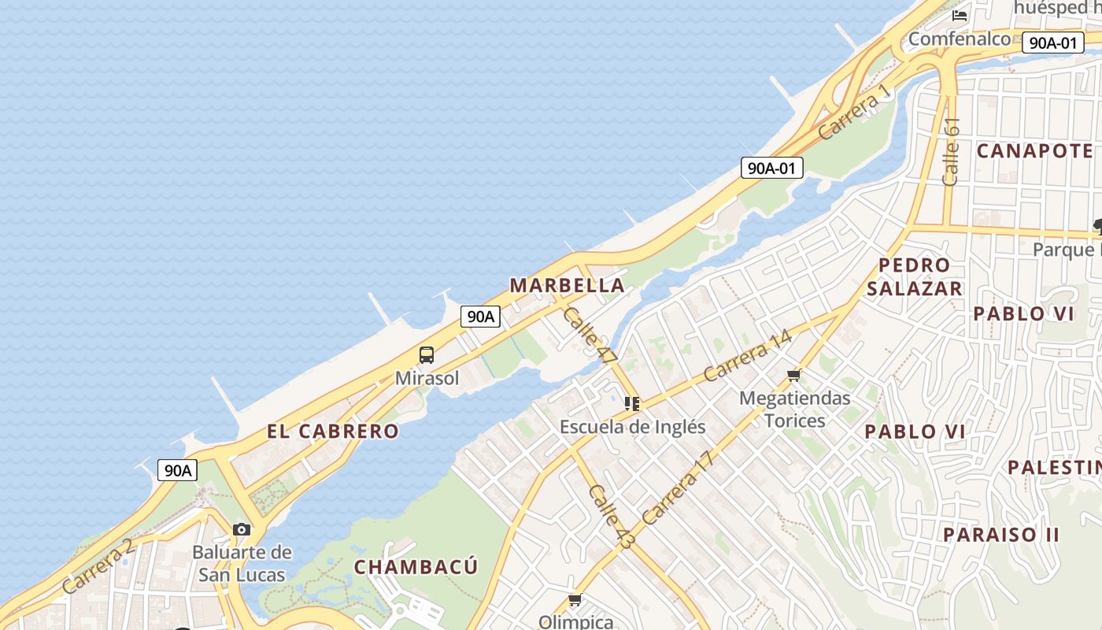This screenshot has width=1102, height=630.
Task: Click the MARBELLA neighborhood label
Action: (x=568, y=285)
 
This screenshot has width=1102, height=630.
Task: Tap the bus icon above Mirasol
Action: (x=427, y=355)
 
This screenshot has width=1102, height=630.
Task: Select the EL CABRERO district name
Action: (x=333, y=432)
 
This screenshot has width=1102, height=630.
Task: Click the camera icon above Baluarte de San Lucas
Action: (x=242, y=529)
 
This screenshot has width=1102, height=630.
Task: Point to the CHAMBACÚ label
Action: (x=416, y=567)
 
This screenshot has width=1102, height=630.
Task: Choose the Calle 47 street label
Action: (x=590, y=335)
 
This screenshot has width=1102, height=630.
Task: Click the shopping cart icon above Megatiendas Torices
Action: (x=794, y=375)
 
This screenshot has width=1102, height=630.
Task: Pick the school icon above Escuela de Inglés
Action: (x=632, y=404)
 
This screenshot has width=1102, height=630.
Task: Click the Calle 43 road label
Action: (x=611, y=517)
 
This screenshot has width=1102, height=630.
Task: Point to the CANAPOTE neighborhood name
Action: (x=1035, y=150)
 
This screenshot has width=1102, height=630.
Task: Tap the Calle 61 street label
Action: (x=951, y=151)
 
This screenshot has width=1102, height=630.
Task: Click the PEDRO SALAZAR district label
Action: (x=915, y=276)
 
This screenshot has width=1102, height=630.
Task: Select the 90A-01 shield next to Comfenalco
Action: (x=1053, y=43)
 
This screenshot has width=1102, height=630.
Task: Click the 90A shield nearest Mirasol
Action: (x=480, y=317)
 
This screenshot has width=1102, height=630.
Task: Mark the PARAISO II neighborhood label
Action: (x=1001, y=534)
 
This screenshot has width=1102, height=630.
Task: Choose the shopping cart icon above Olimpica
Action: (x=575, y=600)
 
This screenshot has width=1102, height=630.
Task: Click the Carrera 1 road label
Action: (x=855, y=113)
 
